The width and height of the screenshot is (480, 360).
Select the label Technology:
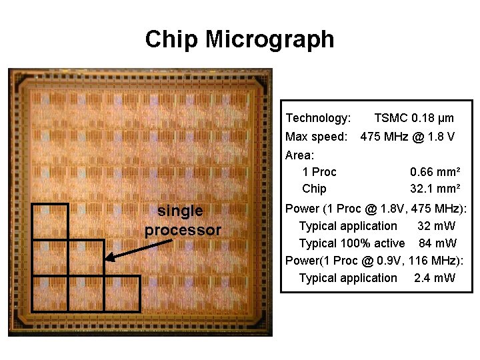tap(318, 118)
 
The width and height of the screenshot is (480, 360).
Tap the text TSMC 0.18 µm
tap(414, 118)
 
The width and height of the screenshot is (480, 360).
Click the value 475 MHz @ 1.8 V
tap(407, 137)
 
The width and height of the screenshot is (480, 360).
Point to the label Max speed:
tap(316, 137)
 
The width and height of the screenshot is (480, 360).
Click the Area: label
tap(299, 155)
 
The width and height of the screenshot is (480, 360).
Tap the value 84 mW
tap(437, 243)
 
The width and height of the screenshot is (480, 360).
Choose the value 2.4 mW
tap(435, 277)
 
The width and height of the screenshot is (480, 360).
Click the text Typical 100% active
tap(351, 243)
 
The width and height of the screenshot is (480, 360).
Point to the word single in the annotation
tap(180, 211)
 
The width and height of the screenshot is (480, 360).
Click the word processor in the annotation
tap(183, 231)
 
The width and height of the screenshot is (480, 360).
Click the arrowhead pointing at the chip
tap(109, 258)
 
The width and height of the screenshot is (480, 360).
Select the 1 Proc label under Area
tap(319, 172)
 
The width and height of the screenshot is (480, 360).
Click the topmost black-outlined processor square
tap(50, 221)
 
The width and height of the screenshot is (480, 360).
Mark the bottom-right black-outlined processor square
tap(122, 293)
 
